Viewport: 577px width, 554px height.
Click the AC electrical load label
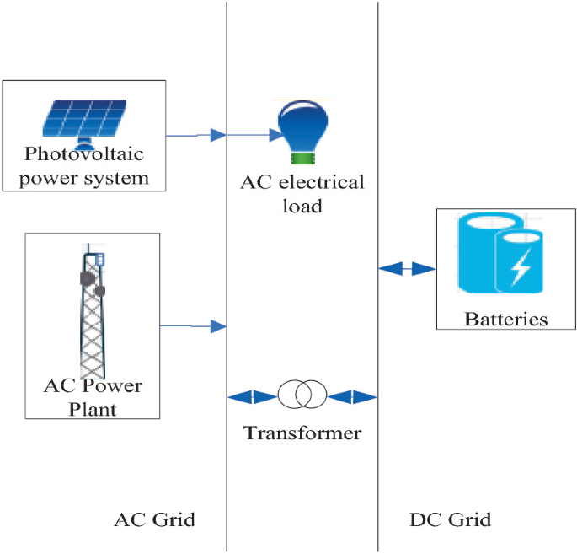[302, 194]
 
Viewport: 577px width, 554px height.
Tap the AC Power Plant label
[93, 397]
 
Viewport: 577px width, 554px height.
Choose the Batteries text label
[505, 320]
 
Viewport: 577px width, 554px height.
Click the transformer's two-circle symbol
[302, 394]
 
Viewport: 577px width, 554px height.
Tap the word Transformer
[302, 433]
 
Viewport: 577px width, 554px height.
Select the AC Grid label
[154, 519]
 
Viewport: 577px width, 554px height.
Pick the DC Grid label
[450, 519]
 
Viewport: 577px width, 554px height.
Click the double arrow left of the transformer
[252, 395]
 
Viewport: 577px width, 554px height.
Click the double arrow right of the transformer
[351, 395]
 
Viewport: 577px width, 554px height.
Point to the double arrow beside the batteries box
[407, 269]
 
